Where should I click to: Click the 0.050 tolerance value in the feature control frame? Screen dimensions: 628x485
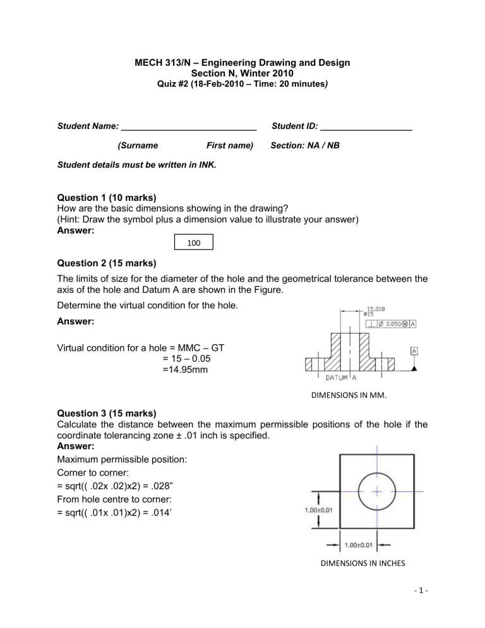pyautogui.click(x=393, y=324)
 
